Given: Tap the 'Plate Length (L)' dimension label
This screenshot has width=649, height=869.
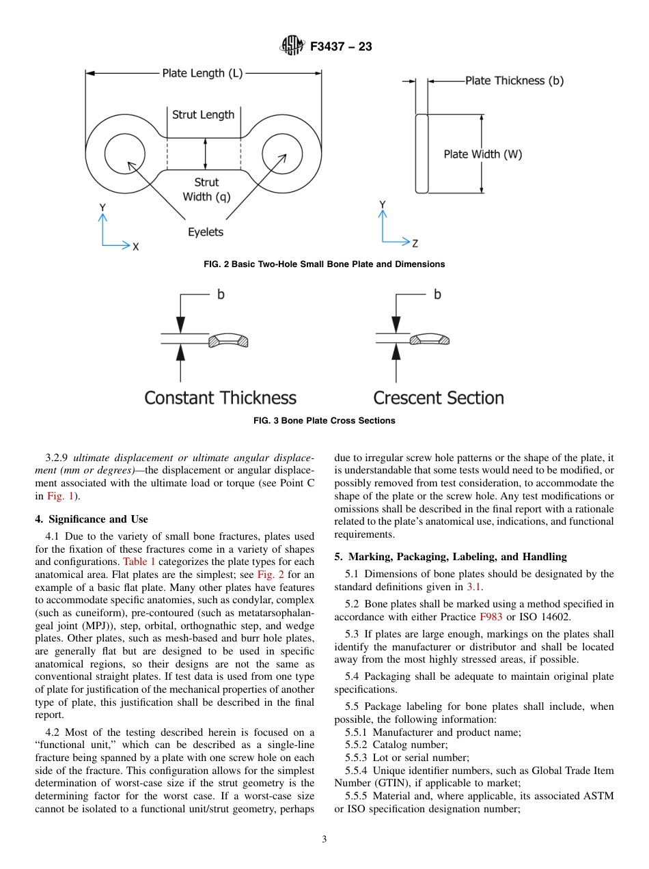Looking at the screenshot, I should pyautogui.click(x=202, y=73).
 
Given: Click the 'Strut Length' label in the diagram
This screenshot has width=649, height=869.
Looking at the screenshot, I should pyautogui.click(x=203, y=115).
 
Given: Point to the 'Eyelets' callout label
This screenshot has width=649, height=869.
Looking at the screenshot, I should pyautogui.click(x=206, y=232).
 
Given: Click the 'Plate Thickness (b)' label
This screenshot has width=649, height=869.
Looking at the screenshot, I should pyautogui.click(x=514, y=81).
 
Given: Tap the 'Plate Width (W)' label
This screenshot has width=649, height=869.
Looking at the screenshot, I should pyautogui.click(x=482, y=154).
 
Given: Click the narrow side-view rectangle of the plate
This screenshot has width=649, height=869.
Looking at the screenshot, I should pyautogui.click(x=422, y=154).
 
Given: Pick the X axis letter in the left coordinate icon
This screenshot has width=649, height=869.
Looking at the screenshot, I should pyautogui.click(x=135, y=247).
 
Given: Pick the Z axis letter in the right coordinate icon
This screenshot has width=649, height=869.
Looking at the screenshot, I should pyautogui.click(x=415, y=243).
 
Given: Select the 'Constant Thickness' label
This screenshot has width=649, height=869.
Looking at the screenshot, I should pyautogui.click(x=220, y=398).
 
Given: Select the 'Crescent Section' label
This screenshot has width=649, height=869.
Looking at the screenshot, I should pyautogui.click(x=438, y=398).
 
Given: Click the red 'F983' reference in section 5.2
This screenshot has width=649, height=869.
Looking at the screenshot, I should pyautogui.click(x=491, y=616).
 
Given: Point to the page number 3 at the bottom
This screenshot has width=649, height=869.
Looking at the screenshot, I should pyautogui.click(x=324, y=840).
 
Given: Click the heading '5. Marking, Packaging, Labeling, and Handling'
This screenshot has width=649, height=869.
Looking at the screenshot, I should pyautogui.click(x=450, y=557).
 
